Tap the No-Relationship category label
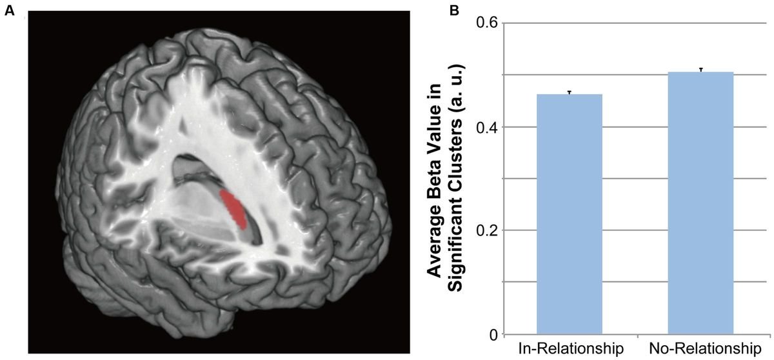[x=700, y=349]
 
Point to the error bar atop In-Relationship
[x=570, y=92]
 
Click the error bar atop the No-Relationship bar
[x=700, y=70]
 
